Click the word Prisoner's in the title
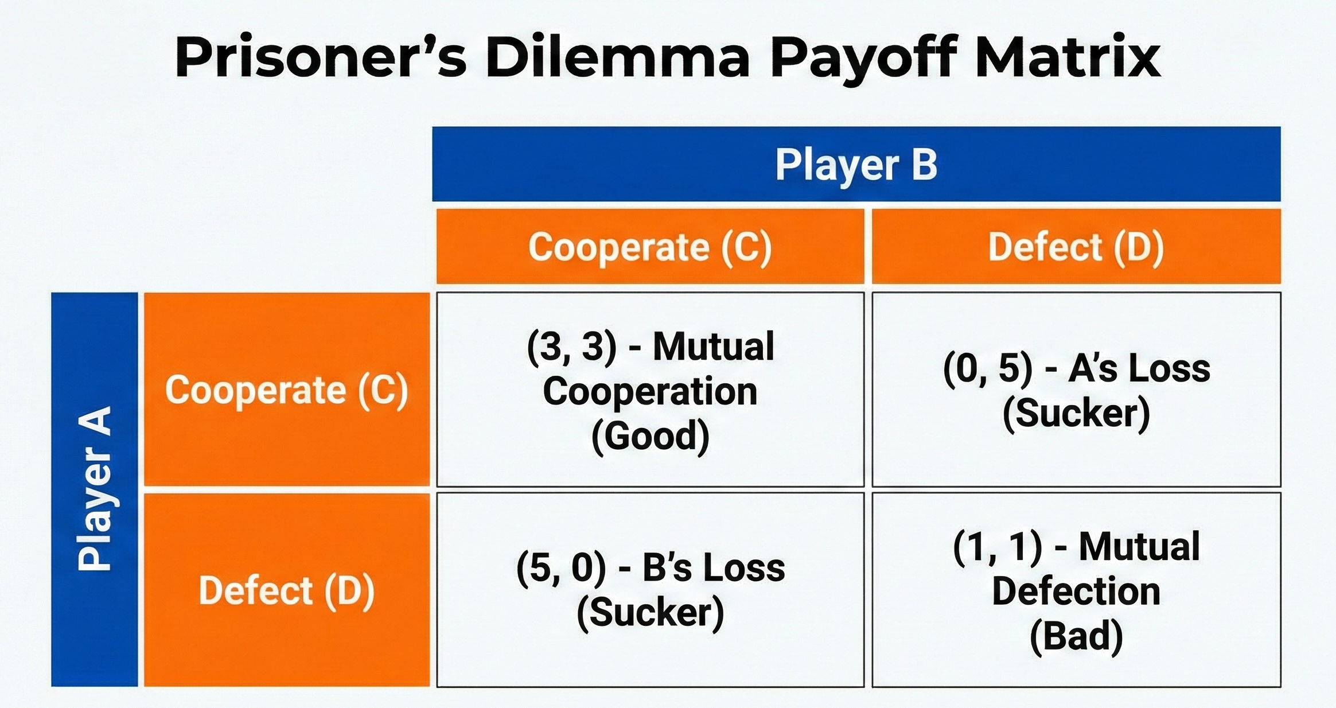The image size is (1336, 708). [x=321, y=57]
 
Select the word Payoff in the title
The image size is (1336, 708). [x=863, y=57]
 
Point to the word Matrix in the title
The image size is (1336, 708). [x=1068, y=57]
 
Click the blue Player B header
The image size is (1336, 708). [x=856, y=165]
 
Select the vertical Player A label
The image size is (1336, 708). [x=95, y=489]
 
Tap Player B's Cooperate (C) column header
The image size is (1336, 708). [x=650, y=247]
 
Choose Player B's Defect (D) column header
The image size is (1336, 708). [x=1076, y=247]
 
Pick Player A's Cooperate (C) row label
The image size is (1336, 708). [x=286, y=390]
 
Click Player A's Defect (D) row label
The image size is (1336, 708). [x=286, y=590]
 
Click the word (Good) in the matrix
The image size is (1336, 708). [x=650, y=436]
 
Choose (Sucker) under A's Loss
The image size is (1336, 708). [x=1076, y=413]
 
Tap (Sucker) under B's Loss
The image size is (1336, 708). [x=650, y=613]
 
